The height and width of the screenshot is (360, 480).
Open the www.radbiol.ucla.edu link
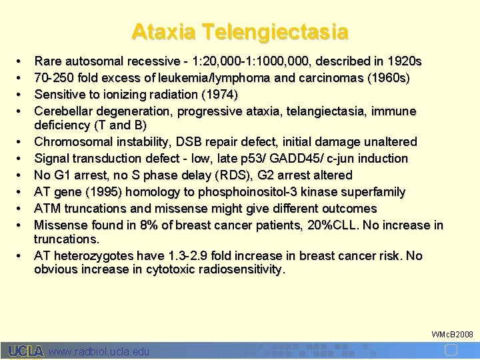click(100, 351)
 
